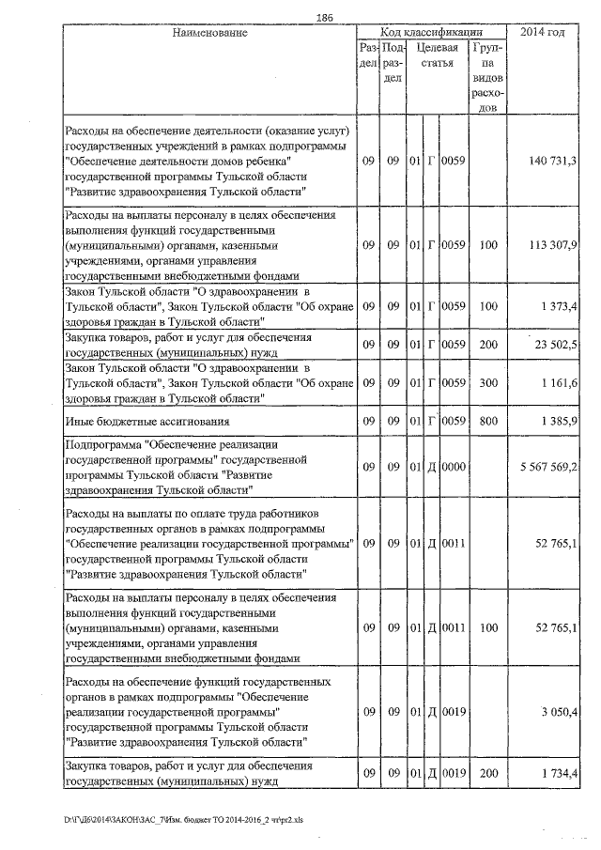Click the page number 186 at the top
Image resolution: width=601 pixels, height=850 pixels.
click(326, 18)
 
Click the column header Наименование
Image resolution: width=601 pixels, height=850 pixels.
click(209, 33)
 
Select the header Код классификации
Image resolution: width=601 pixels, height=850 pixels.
click(432, 32)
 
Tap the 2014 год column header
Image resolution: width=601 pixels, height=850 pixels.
click(543, 33)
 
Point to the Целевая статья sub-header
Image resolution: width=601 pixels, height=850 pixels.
click(437, 55)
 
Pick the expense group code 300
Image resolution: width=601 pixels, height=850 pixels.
click(487, 384)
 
